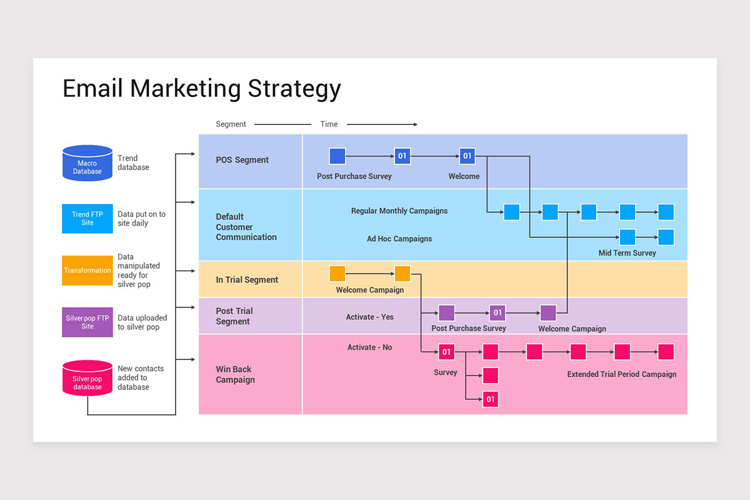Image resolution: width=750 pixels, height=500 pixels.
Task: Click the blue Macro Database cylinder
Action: tap(87, 163)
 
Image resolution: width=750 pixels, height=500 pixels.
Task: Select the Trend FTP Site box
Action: tap(87, 218)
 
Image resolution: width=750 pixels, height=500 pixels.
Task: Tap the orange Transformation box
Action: tap(87, 270)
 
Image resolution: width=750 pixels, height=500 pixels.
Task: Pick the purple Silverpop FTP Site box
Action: tap(87, 322)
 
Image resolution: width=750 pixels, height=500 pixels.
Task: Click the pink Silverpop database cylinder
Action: tap(87, 378)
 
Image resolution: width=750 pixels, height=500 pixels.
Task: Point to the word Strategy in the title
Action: tap(294, 89)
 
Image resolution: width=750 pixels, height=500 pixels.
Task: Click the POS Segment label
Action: tap(242, 160)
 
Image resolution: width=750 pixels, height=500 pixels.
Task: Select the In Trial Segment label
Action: tap(247, 279)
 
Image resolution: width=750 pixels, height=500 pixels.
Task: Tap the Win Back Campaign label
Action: tap(235, 374)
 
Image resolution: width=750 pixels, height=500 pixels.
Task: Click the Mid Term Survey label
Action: tap(627, 253)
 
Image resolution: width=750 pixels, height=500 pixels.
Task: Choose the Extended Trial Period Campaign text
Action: tap(621, 374)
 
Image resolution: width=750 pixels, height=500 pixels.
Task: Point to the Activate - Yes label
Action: tap(369, 317)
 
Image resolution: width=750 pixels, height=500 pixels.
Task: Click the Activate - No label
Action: tap(369, 347)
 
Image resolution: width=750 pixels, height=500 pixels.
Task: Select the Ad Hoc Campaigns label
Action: tap(399, 239)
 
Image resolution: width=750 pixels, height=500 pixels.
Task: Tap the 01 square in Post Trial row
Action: tap(497, 312)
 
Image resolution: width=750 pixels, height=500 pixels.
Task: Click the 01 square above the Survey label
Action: tap(447, 352)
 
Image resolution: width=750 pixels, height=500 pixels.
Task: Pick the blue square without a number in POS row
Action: tap(337, 156)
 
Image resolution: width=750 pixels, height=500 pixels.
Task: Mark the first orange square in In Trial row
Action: tap(337, 274)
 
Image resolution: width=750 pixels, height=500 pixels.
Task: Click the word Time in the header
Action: tap(329, 124)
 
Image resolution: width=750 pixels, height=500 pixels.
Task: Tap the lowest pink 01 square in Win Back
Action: tap(491, 399)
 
